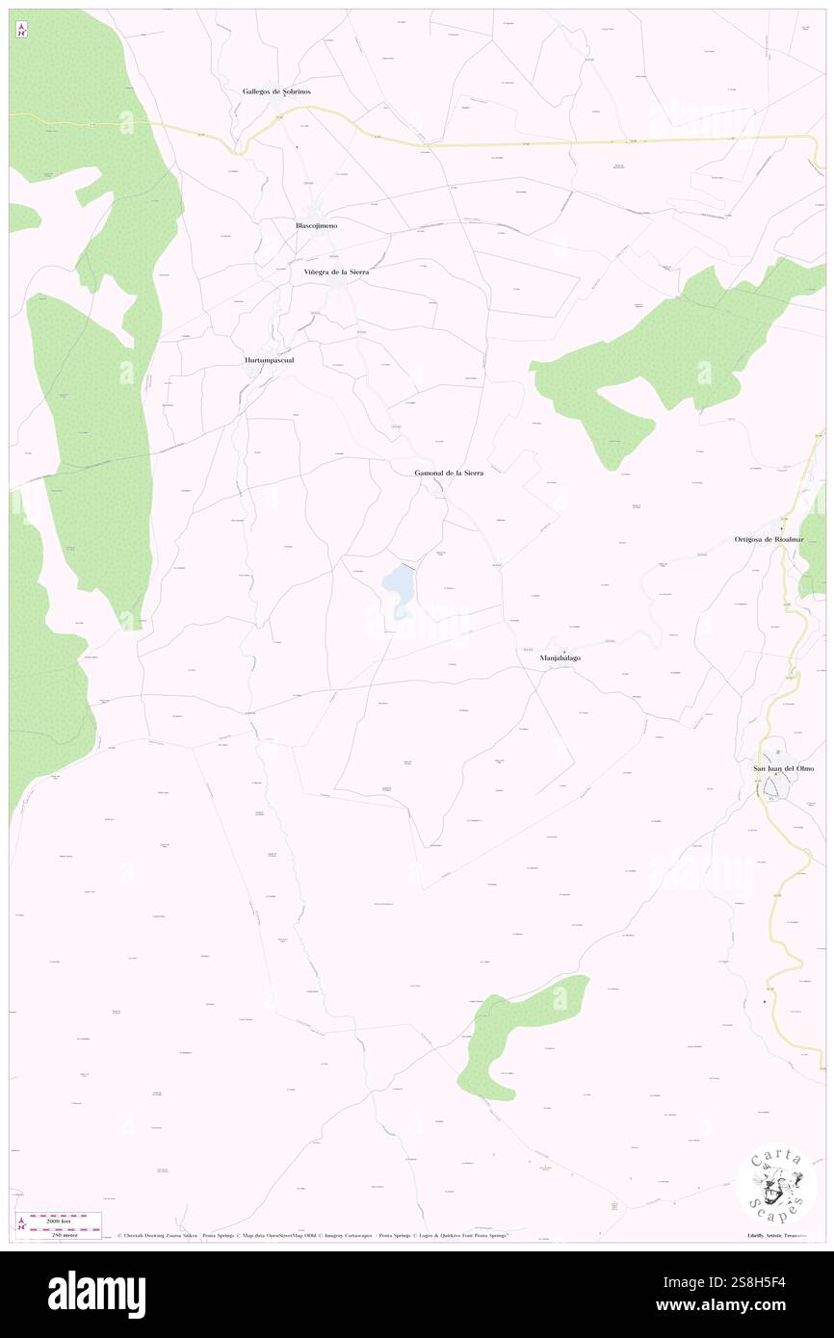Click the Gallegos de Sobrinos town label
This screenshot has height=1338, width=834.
click(276, 91)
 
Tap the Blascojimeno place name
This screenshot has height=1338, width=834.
click(316, 224)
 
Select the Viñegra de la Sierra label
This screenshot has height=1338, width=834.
click(330, 272)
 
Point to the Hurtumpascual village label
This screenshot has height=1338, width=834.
click(268, 360)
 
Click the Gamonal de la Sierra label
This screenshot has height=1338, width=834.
click(449, 474)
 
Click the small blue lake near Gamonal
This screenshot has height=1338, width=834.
click(399, 587)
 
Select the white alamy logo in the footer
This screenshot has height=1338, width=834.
click(96, 1295)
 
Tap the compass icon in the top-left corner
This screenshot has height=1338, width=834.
click(21, 31)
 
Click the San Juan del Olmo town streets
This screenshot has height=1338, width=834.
click(776, 787)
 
